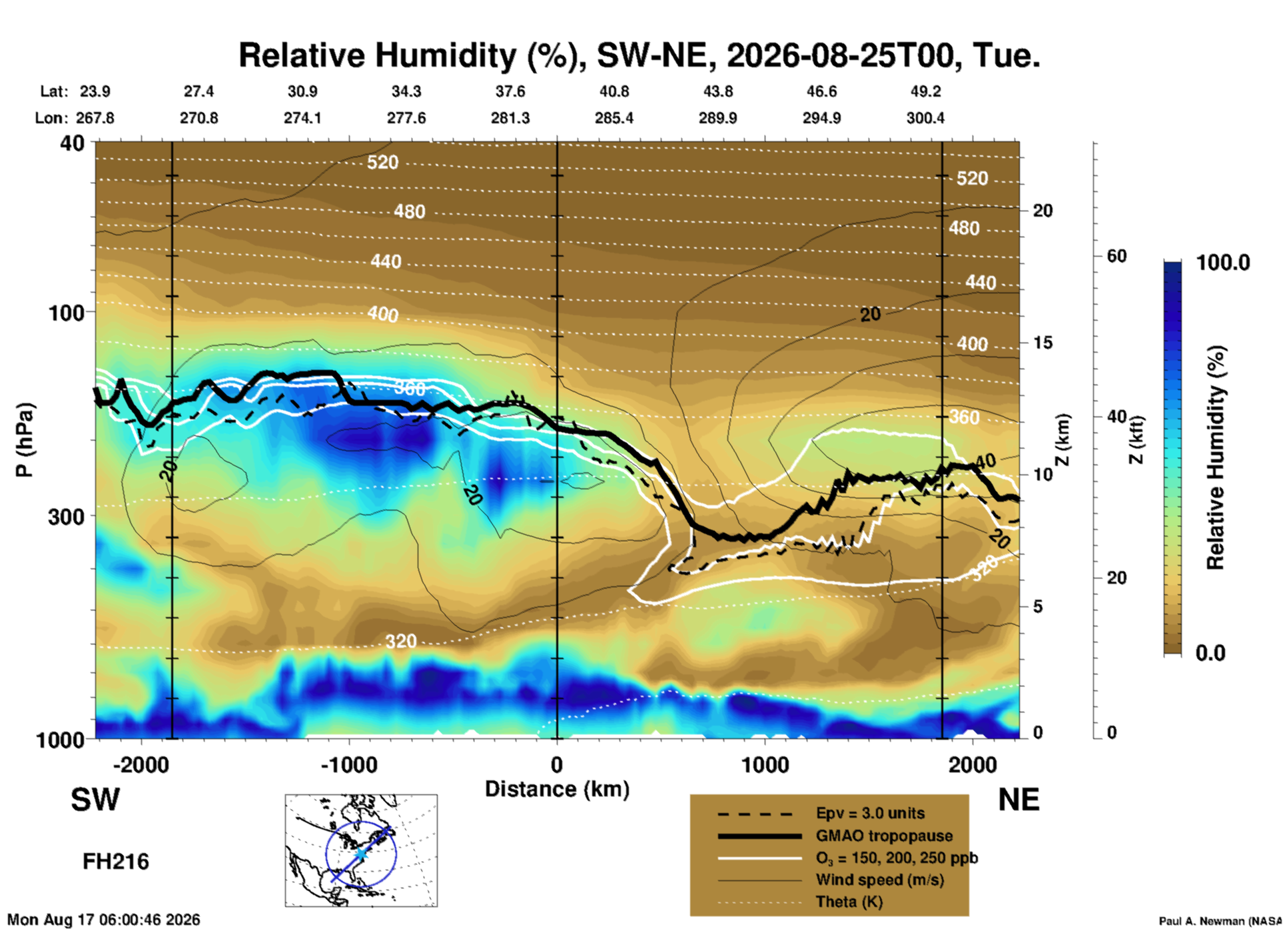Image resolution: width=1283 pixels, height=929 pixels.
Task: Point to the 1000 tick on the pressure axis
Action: (59, 740)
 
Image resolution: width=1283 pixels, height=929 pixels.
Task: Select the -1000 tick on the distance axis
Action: (349, 764)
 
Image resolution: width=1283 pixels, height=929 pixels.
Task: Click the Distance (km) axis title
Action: (557, 789)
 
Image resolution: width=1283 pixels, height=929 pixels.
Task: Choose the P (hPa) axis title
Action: (25, 440)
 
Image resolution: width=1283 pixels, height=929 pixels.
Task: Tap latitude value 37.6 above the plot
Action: (510, 91)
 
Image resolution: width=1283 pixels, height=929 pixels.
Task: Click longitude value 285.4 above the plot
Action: (614, 118)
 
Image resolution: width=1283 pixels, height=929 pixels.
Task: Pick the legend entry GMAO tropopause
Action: (884, 836)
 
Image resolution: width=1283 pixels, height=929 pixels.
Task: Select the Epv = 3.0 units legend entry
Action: (870, 813)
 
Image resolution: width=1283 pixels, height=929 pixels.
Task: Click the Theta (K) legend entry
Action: (849, 902)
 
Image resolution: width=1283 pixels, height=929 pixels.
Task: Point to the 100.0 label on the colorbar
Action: (1223, 263)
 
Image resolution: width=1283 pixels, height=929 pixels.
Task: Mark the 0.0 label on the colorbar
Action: (1210, 652)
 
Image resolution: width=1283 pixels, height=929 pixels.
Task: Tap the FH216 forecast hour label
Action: (115, 862)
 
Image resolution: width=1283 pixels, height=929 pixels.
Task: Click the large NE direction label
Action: (1018, 800)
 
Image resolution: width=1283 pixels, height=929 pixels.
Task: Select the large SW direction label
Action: (95, 800)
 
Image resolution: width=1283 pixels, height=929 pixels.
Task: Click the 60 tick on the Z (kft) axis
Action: (1116, 256)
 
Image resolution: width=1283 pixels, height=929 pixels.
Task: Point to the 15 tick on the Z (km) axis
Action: (1043, 343)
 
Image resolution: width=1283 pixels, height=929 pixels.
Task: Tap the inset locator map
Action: (361, 850)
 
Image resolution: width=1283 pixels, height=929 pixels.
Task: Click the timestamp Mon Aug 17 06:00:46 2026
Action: (103, 920)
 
